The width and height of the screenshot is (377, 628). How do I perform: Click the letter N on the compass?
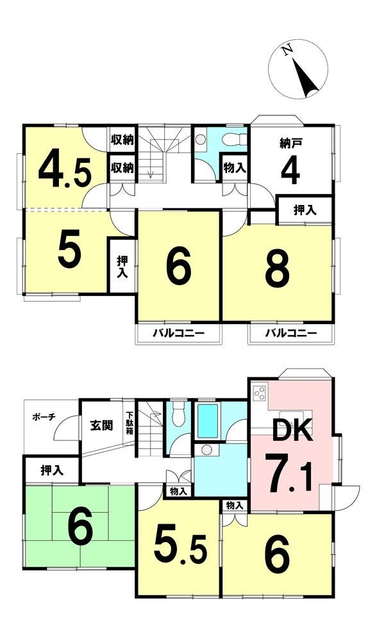(287, 51)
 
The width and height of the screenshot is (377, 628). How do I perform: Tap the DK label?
(292, 430)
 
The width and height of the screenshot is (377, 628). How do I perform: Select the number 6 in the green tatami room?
(80, 527)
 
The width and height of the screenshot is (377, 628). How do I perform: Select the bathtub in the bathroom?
(208, 421)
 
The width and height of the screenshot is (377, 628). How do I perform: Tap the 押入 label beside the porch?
(52, 470)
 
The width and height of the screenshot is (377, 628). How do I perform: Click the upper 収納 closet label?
(122, 140)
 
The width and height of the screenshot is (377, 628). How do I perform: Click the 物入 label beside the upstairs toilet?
(235, 168)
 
